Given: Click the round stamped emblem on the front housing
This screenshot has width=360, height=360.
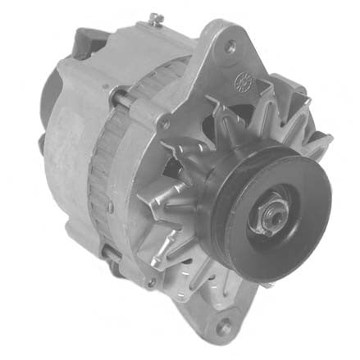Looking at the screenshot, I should coord(244,83).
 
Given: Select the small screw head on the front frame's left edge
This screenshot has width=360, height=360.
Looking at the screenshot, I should coord(165,124).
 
